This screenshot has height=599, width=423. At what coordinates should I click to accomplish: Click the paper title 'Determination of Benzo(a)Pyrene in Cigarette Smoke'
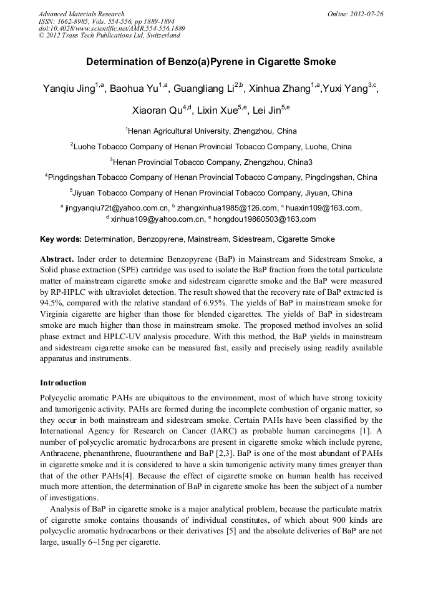point(211,62)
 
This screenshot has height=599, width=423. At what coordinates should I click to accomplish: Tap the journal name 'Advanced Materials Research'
point(81,14)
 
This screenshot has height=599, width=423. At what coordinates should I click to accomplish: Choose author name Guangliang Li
point(205,89)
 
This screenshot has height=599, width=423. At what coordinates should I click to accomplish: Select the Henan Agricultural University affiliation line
point(211,131)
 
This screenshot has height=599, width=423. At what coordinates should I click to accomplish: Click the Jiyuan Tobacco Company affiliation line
point(211,192)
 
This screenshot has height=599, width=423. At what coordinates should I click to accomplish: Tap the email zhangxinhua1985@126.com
point(227,208)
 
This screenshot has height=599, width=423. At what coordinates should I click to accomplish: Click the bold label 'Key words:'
point(61,239)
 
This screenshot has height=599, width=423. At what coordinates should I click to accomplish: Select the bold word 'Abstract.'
point(57,259)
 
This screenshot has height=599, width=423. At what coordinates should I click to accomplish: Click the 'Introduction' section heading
point(63,382)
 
